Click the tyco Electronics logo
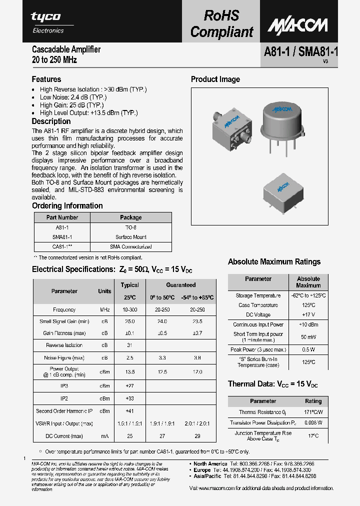47,22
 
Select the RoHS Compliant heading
221,24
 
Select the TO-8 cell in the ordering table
131,227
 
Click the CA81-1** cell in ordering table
62,246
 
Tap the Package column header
131,217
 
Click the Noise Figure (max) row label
64,358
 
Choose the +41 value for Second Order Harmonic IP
129,411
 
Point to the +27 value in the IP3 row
129,386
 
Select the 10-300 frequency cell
129,309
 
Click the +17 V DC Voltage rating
308,314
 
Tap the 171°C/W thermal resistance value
313,412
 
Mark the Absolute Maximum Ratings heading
274,261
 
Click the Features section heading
46,79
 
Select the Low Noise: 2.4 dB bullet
73,97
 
